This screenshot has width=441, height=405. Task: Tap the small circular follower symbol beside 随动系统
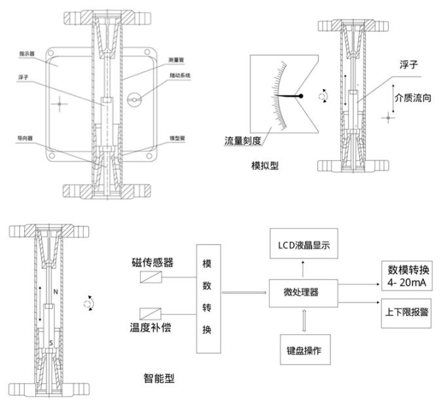(134, 99)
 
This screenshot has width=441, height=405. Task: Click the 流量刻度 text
(243, 140)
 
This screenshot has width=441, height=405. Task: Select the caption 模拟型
(265, 166)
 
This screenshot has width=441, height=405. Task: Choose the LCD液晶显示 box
(304, 245)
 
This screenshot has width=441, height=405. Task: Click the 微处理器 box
(303, 292)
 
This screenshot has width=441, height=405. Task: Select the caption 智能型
(159, 378)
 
